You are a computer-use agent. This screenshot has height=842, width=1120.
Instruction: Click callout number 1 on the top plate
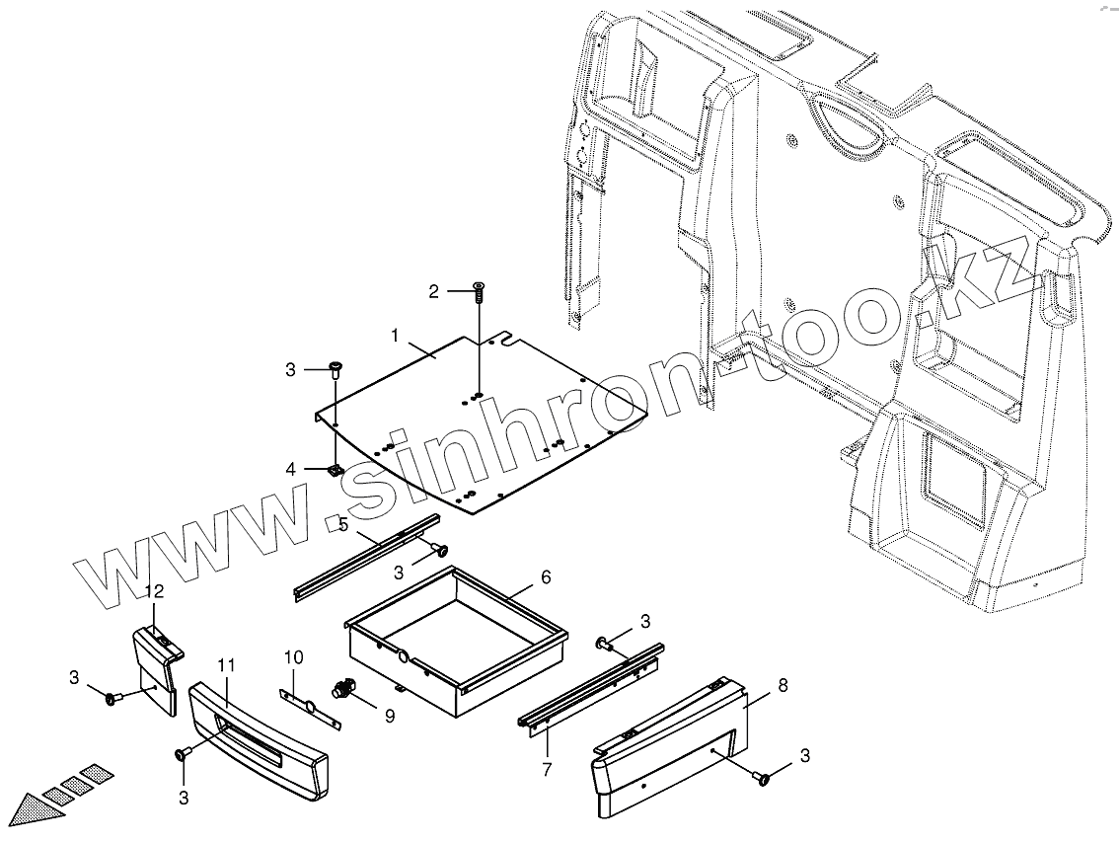click(394, 337)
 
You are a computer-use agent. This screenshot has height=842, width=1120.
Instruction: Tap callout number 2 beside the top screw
click(433, 291)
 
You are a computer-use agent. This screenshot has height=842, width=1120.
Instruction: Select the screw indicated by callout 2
click(480, 291)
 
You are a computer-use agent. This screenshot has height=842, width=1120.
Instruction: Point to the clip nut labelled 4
click(336, 470)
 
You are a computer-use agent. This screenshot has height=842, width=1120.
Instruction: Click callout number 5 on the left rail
click(342, 524)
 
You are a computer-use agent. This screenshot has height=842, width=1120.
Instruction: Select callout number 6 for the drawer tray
click(545, 576)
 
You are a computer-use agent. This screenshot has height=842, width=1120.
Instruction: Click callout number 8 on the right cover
click(783, 685)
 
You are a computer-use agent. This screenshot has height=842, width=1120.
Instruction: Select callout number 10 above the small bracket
click(293, 656)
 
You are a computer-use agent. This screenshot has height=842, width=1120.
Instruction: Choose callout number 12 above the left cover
click(154, 591)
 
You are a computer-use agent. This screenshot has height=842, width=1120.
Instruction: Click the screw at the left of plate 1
click(336, 370)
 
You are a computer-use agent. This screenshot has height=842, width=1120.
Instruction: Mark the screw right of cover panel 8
click(764, 778)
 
